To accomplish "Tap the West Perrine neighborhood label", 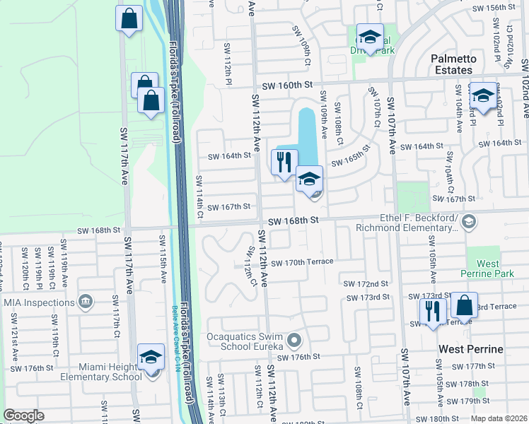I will [x=470, y=349].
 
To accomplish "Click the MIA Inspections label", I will [x=39, y=302].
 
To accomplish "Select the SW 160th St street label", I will [x=287, y=85].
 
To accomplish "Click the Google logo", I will [x=23, y=415].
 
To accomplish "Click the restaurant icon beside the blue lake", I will [x=284, y=162].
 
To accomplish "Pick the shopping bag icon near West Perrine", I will [x=464, y=305].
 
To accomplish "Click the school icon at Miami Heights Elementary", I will [x=151, y=356].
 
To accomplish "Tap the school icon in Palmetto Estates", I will [x=484, y=95].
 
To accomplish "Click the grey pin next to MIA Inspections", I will [x=85, y=302].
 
